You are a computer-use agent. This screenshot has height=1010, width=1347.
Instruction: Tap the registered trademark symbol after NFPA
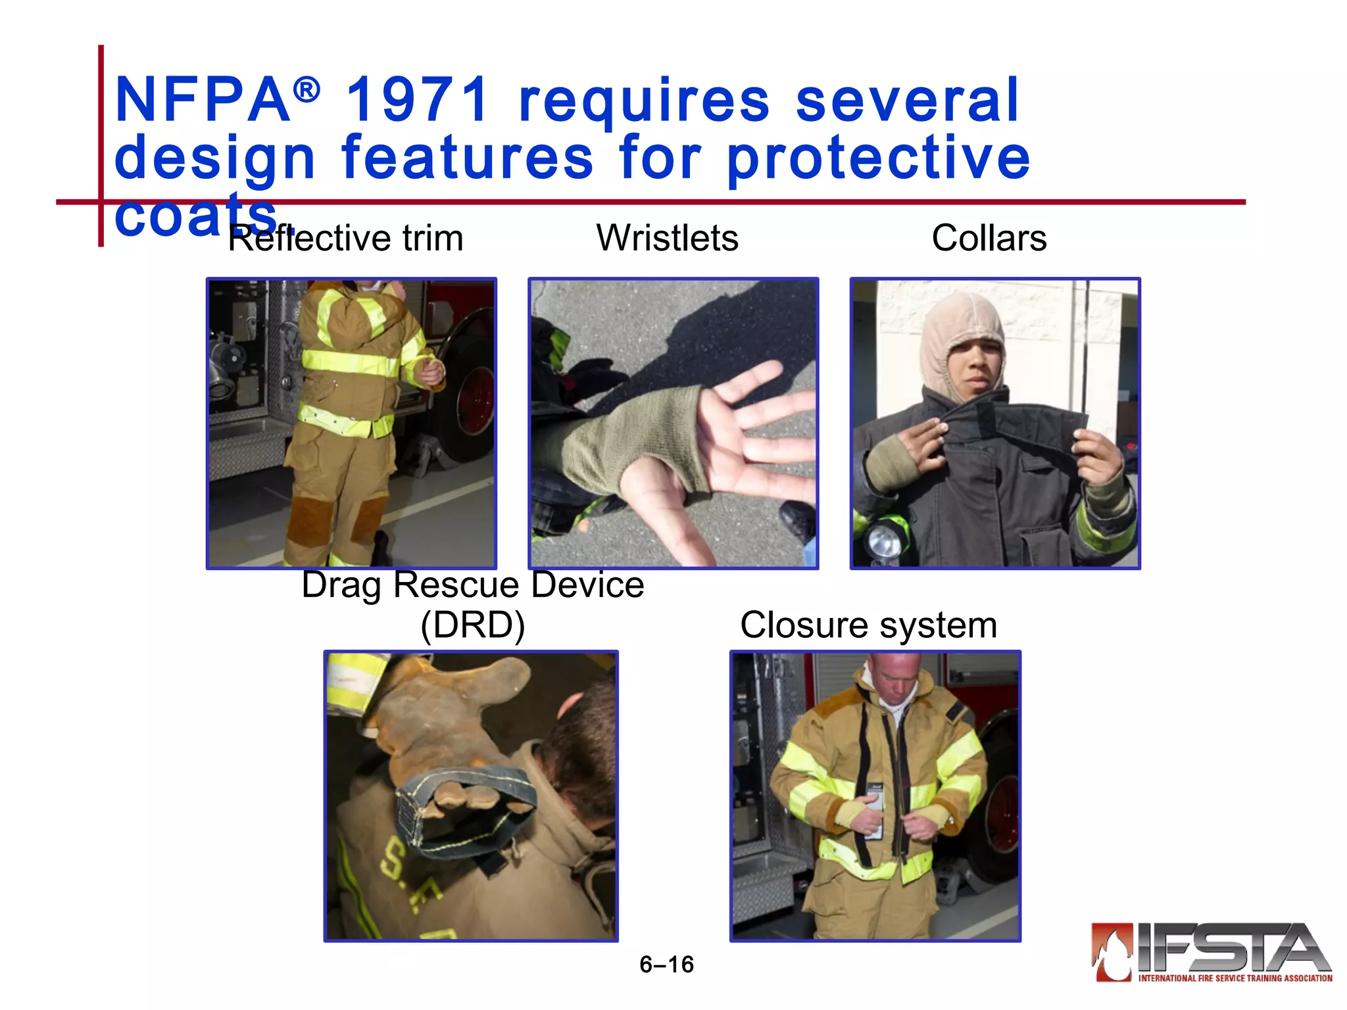[x=306, y=89]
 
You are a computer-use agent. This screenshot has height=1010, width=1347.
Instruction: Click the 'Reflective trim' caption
[x=345, y=238]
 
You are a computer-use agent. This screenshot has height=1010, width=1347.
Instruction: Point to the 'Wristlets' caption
[x=667, y=238]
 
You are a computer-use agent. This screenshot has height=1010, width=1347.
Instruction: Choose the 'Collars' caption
[x=989, y=238]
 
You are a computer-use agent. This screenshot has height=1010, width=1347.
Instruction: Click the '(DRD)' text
[x=472, y=625]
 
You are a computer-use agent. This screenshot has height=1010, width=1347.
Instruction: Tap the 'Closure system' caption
[x=868, y=625]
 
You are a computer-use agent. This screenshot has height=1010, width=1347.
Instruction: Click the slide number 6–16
[x=666, y=964]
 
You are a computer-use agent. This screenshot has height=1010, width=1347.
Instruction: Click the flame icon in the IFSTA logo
[x=1113, y=952]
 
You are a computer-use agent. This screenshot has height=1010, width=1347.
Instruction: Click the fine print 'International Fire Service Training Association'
[x=1235, y=978]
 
